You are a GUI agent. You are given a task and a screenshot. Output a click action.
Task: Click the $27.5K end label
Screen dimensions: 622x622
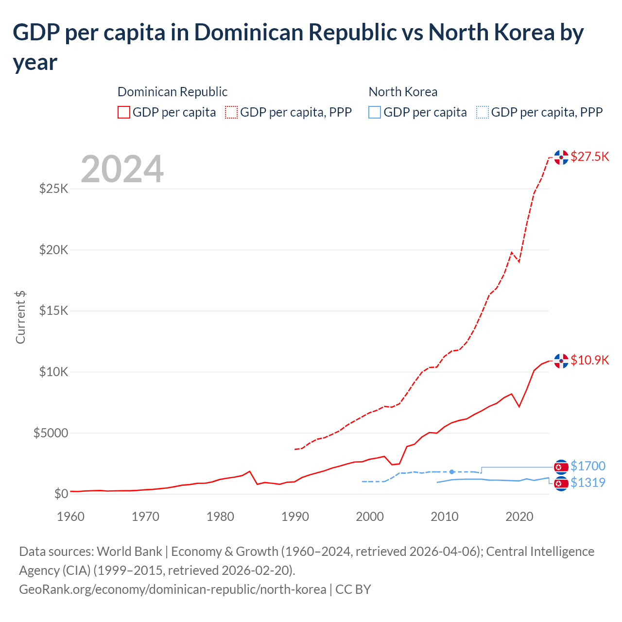(x=589, y=156)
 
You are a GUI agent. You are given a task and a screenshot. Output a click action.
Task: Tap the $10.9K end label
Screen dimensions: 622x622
(x=589, y=360)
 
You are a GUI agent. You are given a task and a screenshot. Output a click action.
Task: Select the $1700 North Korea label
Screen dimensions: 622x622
(x=587, y=466)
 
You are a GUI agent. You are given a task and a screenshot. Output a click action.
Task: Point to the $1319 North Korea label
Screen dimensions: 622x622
(x=587, y=483)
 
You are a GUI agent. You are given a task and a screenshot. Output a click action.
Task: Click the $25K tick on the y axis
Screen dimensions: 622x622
(x=53, y=189)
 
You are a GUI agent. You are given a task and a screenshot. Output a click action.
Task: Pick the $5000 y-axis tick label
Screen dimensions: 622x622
(x=51, y=433)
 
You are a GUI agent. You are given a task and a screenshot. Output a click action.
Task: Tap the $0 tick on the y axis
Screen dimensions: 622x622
(x=61, y=494)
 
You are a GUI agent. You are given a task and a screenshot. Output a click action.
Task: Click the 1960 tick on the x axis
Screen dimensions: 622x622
(x=70, y=517)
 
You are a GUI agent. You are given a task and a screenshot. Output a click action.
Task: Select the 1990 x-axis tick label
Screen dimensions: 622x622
(x=295, y=517)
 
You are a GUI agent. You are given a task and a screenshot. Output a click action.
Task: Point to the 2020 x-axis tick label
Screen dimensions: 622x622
(x=519, y=517)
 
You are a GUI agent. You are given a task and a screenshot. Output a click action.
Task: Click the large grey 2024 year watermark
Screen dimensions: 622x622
(x=122, y=169)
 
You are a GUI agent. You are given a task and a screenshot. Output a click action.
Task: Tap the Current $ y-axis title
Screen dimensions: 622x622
(x=20, y=317)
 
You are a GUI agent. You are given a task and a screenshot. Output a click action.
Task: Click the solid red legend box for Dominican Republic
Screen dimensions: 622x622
(x=124, y=112)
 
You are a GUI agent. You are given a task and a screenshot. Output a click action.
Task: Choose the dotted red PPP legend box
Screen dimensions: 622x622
(x=231, y=112)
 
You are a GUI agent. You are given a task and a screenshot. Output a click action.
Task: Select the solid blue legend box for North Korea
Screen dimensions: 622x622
(x=375, y=112)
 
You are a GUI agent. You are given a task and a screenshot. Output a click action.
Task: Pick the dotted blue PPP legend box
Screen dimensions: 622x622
(x=483, y=112)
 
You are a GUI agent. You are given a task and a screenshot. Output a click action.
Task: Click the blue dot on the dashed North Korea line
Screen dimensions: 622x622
(x=452, y=472)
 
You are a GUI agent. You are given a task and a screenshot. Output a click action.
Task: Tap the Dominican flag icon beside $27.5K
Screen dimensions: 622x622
(x=561, y=157)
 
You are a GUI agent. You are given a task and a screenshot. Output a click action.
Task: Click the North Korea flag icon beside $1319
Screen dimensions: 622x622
(x=561, y=484)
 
